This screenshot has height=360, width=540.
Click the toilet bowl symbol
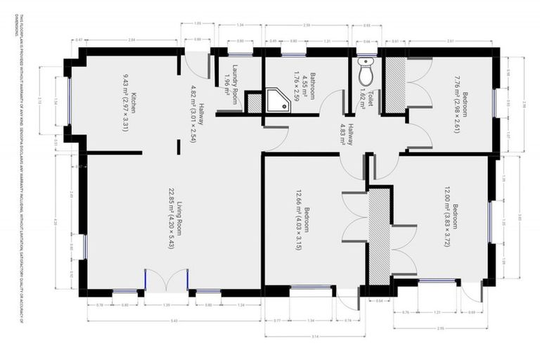[365, 72]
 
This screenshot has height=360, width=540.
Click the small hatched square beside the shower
[254, 102]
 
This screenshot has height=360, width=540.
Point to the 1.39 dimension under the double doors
[166, 305]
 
